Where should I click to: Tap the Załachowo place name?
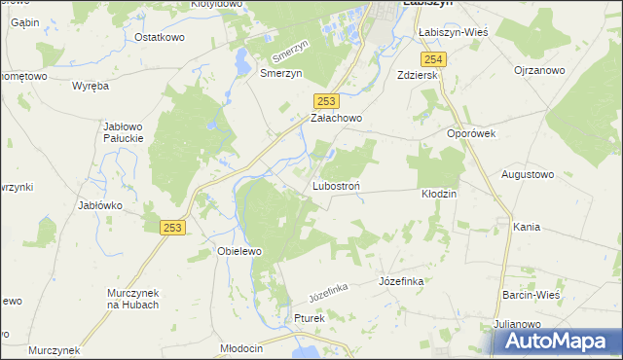pyautogui.click(x=336, y=118)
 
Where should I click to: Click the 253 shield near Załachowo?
pyautogui.click(x=326, y=100)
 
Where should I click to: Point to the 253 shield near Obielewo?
pyautogui.click(x=172, y=227)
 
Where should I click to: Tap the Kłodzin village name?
pyautogui.click(x=439, y=194)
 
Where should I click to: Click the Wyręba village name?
pyautogui.click(x=91, y=86)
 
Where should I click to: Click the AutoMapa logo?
pyautogui.click(x=558, y=341)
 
